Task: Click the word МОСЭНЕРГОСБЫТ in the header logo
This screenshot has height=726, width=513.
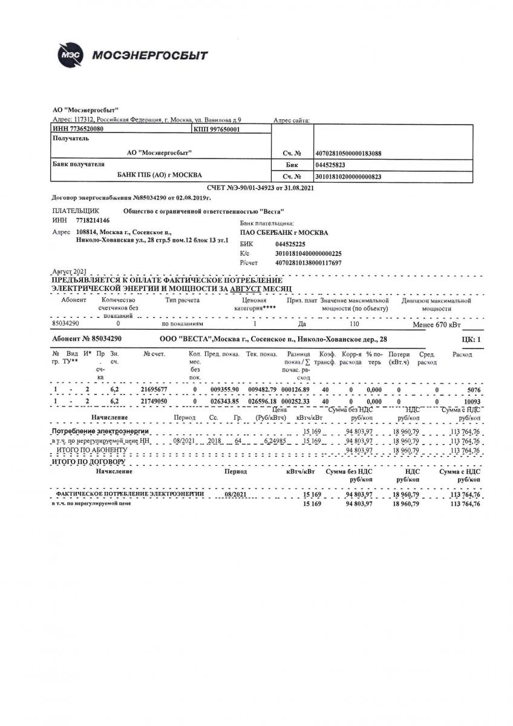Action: pyautogui.click(x=150, y=56)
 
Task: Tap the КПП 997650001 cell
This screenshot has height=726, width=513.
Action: pyautogui.click(x=218, y=129)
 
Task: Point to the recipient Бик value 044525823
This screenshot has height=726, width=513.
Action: pyautogui.click(x=330, y=165)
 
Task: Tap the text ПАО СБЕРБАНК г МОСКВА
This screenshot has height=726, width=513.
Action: pyautogui.click(x=284, y=232)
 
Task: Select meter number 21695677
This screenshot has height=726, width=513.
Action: pyautogui.click(x=154, y=390)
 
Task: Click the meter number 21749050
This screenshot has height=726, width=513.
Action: pyautogui.click(x=154, y=401)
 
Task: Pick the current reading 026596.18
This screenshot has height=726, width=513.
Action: pyautogui.click(x=261, y=401)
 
